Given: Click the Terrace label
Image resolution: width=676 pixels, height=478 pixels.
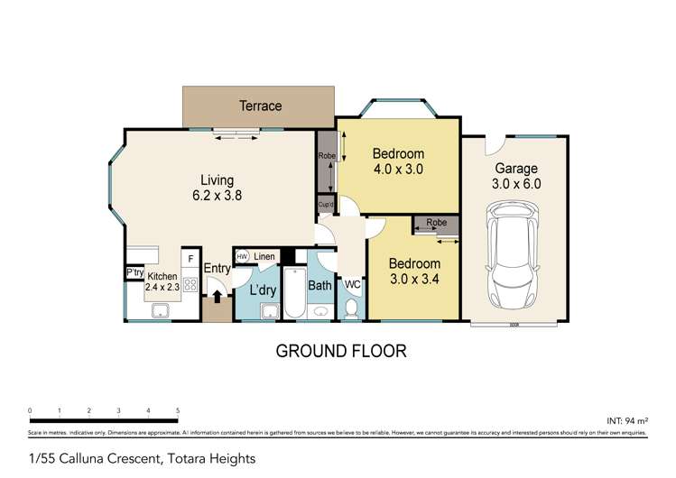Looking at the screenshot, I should [260, 106].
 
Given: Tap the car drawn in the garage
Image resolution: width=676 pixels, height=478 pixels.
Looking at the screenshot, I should [513, 256].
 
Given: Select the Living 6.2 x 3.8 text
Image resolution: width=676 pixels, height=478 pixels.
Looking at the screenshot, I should [217, 187].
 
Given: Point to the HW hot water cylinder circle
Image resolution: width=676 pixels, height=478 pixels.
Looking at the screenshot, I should [243, 257].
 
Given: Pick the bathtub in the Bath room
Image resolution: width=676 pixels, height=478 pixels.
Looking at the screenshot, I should [295, 292].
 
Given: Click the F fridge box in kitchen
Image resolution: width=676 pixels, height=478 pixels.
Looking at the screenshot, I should [190, 258].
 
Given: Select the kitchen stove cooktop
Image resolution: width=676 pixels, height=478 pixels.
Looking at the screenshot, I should [190, 284].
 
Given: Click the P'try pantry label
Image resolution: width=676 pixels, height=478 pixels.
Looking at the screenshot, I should [134, 273].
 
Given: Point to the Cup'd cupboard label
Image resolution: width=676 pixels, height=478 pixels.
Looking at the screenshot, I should [326, 206].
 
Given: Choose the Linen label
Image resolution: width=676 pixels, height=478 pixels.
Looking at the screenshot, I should [264, 257].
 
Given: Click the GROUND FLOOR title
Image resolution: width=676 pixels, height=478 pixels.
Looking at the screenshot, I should [340, 350].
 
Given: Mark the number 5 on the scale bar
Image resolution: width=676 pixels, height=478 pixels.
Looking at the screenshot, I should [178, 410].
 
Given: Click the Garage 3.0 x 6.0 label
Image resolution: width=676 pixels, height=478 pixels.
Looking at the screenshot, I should [515, 176].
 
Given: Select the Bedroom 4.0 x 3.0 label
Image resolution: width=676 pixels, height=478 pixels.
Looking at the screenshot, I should [398, 161].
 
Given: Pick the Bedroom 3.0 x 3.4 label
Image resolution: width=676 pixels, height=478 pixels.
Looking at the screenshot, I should [414, 271].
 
